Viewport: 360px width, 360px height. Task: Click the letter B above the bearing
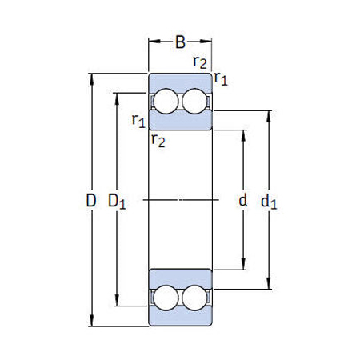[180, 42]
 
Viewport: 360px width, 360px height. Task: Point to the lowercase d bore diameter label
[243, 201]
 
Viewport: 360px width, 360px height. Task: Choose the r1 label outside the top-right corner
[222, 78]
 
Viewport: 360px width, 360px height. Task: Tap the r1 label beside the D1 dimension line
[138, 121]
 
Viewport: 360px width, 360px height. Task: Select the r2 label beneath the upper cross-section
[158, 141]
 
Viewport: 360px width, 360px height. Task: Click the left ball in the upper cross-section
[166, 102]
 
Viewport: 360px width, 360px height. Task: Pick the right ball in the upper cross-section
[194, 102]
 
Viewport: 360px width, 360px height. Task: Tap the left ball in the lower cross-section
[166, 297]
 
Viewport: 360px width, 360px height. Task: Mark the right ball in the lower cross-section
[194, 297]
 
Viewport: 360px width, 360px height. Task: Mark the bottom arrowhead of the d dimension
[243, 267]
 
